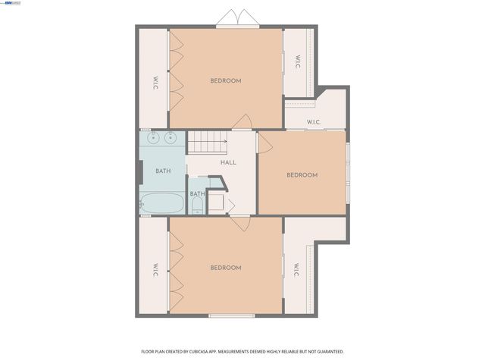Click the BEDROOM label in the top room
[226, 81]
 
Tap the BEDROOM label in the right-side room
[302, 175]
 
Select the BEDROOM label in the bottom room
[226, 268]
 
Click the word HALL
[228, 162]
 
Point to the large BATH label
[163, 171]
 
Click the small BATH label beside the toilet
[197, 193]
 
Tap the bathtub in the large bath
[161, 203]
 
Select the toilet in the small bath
[197, 206]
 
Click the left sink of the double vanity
[154, 137]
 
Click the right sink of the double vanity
[171, 137]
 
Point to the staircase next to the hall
[208, 141]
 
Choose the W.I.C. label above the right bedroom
[314, 122]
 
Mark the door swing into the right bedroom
[264, 143]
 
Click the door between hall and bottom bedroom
[240, 222]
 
